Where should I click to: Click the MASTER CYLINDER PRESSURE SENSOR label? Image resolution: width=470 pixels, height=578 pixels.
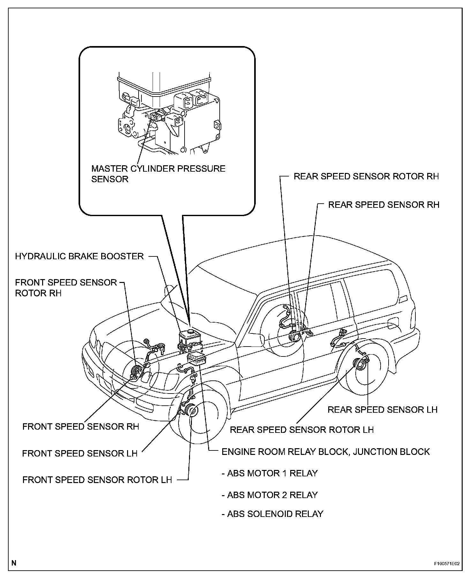tap(158, 174)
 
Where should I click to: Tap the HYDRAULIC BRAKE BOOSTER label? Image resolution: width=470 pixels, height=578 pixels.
tap(79, 256)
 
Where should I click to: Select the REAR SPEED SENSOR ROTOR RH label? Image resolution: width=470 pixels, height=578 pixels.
tap(366, 176)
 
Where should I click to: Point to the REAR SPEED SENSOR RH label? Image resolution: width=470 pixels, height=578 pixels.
tap(383, 205)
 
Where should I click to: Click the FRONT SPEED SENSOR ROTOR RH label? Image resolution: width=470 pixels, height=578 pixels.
tap(66, 288)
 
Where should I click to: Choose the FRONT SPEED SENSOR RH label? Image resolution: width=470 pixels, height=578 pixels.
tap(80, 426)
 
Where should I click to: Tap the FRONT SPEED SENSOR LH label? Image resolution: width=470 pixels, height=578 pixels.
tap(80, 453)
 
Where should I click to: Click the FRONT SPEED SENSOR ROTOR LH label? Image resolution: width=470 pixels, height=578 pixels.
tap(97, 480)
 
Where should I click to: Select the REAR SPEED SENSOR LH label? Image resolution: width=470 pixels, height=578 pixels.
tap(382, 410)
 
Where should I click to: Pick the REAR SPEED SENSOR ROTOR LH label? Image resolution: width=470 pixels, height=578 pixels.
tap(301, 429)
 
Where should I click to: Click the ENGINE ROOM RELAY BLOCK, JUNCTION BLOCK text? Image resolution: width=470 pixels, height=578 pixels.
tap(326, 452)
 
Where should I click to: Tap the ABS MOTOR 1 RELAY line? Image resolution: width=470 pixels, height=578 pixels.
tap(270, 473)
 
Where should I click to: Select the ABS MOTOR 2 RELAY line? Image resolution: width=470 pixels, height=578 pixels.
tap(270, 495)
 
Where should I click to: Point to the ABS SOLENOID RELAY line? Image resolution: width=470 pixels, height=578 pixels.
tap(272, 514)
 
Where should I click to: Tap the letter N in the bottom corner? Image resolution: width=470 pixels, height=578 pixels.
tap(14, 563)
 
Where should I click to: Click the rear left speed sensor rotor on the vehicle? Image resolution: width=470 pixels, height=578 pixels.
tap(358, 363)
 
